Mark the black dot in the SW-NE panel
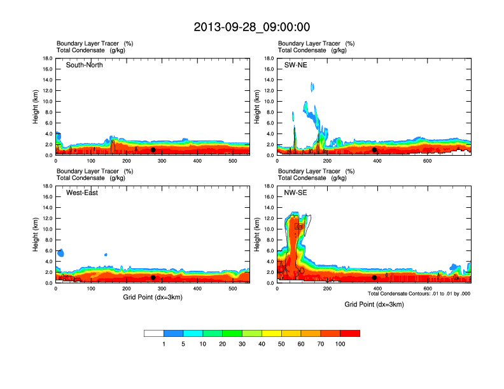(374, 150)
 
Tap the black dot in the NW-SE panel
(374, 277)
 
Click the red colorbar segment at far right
(350, 333)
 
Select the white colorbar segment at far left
(154, 333)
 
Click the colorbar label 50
(281, 344)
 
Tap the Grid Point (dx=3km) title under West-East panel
(153, 297)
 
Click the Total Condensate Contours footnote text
(419, 294)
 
